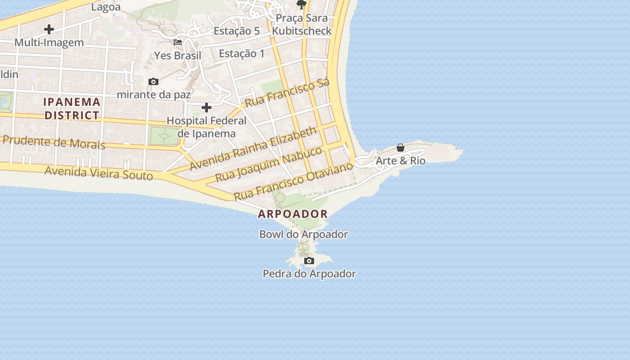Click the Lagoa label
tap(106, 7)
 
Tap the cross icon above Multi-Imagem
tap(49, 30)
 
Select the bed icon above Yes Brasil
tap(178, 42)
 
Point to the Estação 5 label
tap(237, 31)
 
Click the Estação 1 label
tap(242, 54)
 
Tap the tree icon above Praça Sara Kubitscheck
tap(301, 4)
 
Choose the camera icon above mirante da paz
tap(153, 82)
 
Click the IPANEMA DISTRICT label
tap(72, 108)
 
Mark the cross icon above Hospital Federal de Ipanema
tap(207, 108)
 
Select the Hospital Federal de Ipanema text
tap(207, 127)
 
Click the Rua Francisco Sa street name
tap(287, 93)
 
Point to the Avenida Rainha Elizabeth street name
tap(253, 148)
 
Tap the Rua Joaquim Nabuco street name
tap(269, 164)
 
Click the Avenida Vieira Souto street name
tap(99, 173)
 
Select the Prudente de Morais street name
tap(54, 142)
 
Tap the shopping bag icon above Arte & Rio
tap(400, 148)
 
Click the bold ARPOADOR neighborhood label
tap(293, 214)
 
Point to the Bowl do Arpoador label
tap(304, 234)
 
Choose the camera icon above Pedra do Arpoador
tap(309, 261)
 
